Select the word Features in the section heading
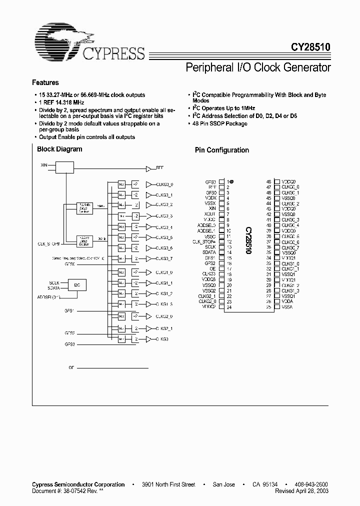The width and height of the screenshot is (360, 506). point(45,82)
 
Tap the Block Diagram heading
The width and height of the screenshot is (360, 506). point(59,149)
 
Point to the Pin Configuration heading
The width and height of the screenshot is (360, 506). point(221,150)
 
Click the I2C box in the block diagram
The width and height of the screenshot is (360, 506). point(76,284)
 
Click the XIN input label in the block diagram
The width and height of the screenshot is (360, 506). point(44,164)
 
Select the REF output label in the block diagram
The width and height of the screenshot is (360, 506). point(160,168)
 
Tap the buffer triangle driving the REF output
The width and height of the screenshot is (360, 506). point(148,168)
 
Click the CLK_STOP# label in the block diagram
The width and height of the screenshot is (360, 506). point(49,243)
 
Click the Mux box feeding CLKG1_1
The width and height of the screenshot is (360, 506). point(121,283)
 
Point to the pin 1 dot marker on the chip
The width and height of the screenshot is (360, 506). point(232,181)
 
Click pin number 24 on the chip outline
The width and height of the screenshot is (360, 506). point(228,307)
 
